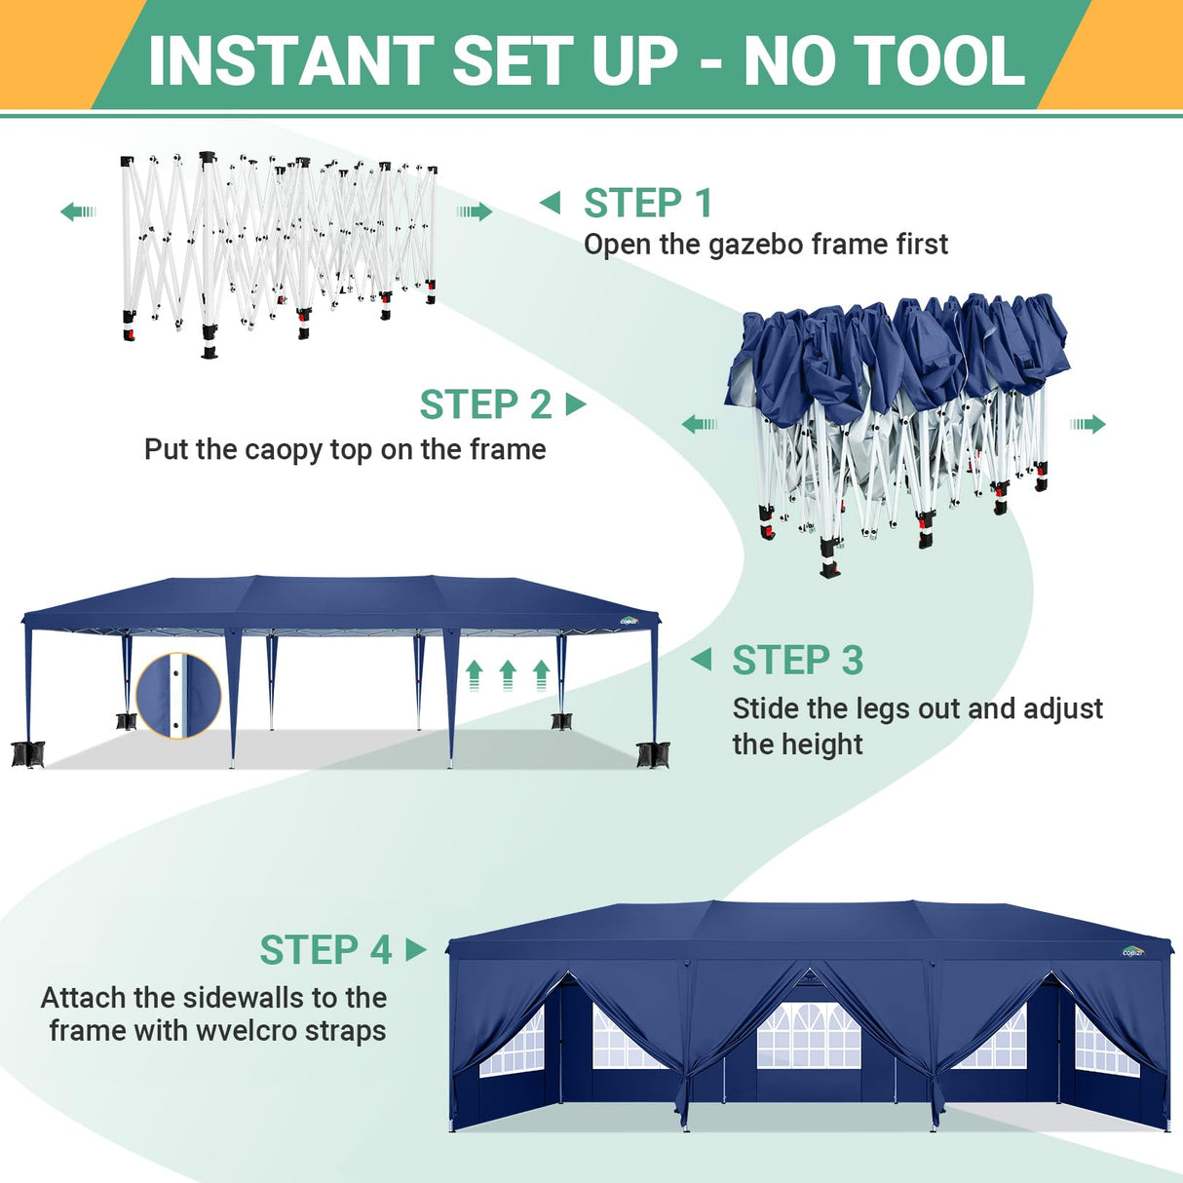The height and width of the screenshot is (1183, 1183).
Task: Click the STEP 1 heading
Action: click(648, 204)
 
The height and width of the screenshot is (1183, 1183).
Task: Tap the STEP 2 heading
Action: click(485, 404)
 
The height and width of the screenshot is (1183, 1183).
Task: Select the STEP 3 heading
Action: click(797, 661)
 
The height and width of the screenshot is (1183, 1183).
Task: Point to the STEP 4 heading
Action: click(325, 950)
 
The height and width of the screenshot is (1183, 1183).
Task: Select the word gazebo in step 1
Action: click(756, 245)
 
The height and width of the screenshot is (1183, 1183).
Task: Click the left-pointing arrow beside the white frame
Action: click(78, 211)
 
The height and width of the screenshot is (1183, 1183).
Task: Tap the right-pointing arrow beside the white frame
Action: click(475, 211)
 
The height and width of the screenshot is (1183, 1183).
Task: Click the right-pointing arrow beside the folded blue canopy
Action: click(1088, 424)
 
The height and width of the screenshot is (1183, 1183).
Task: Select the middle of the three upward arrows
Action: click(508, 674)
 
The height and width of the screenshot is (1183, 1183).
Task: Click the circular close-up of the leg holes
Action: click(178, 696)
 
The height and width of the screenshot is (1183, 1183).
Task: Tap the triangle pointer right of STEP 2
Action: click(576, 403)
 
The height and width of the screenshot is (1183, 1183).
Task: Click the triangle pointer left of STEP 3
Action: click(702, 660)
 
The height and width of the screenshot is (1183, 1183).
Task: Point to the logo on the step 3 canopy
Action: click(630, 620)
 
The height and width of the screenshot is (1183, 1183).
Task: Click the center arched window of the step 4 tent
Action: click(809, 1035)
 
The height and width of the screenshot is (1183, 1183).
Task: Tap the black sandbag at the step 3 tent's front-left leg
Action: click(27, 753)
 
